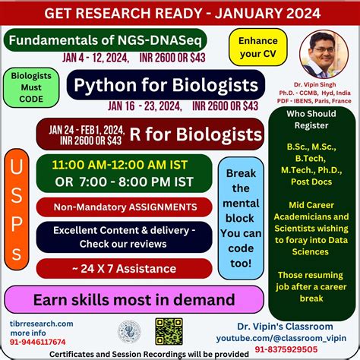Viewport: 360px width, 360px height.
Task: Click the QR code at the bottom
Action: click(x=169, y=330)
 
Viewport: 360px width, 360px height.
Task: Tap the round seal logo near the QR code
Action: click(x=129, y=330)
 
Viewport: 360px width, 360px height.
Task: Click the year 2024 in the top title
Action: click(x=286, y=12)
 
